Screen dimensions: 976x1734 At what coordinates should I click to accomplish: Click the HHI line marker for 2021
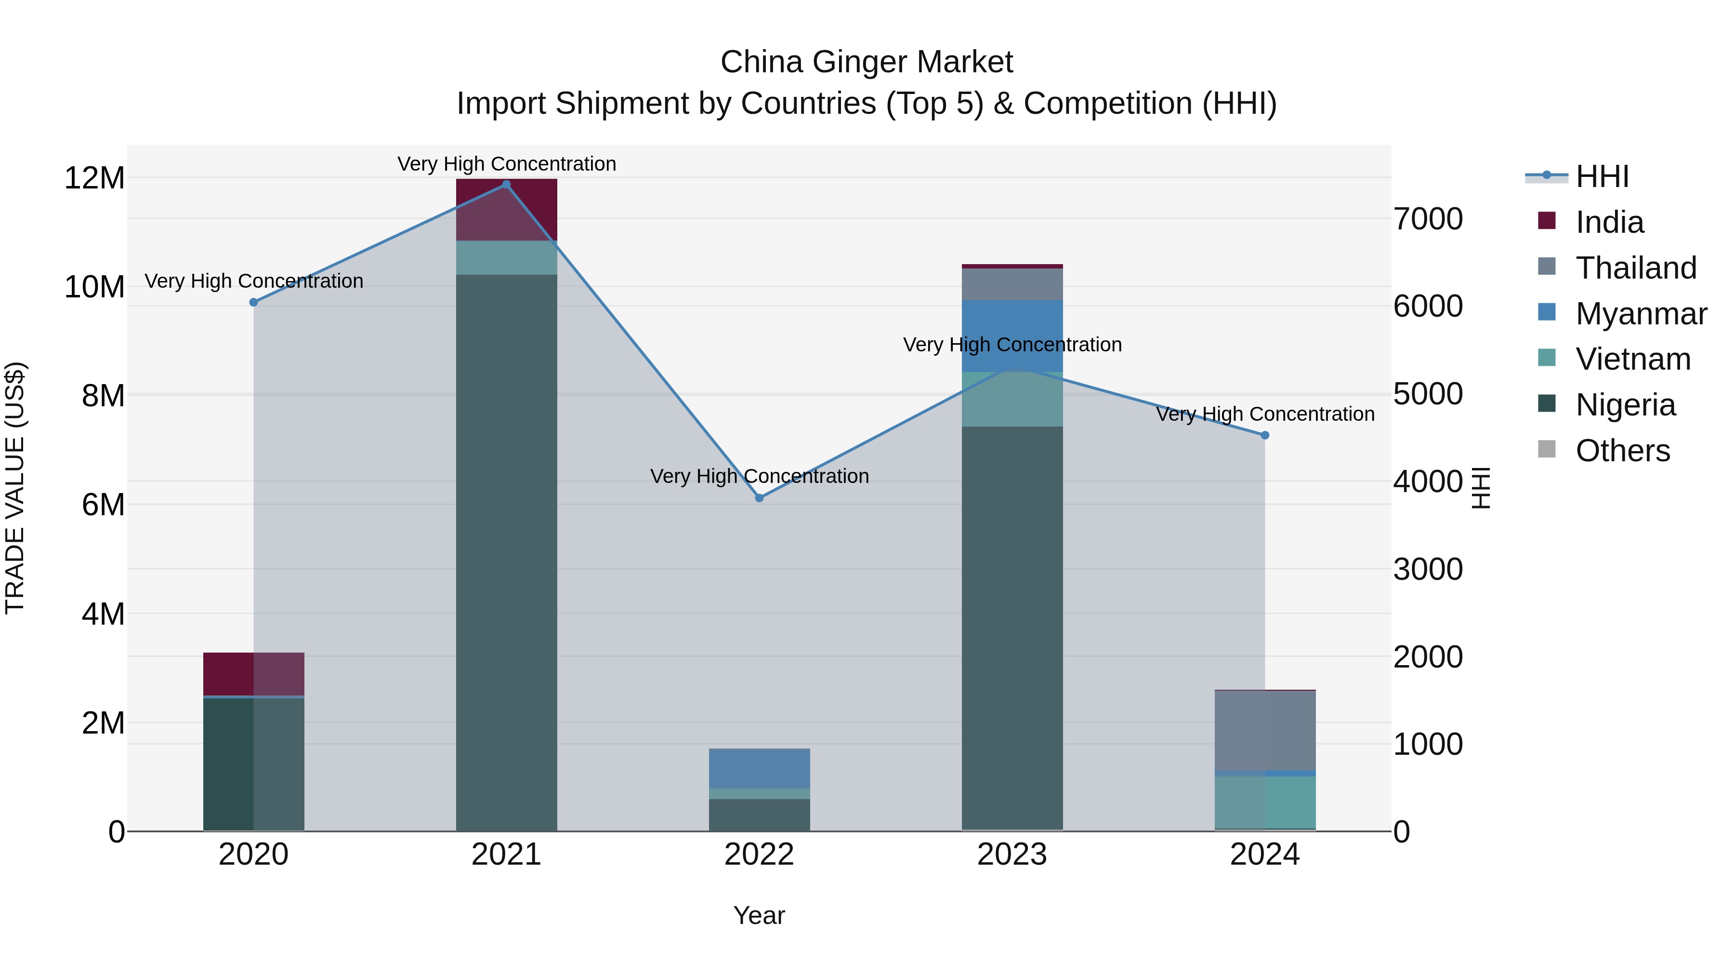pos(506,185)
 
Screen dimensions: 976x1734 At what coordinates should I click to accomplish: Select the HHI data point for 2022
pos(759,498)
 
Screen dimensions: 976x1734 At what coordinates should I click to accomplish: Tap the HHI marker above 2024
pos(1265,435)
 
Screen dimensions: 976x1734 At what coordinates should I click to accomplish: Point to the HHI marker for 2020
pos(254,302)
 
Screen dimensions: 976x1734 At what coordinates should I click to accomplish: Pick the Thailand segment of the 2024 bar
pos(1265,730)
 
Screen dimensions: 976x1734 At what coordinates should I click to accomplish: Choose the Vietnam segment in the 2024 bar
pos(1265,802)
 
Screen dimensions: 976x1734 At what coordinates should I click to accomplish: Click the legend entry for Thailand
pos(1636,267)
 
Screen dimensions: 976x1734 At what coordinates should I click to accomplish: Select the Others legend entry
pos(1622,450)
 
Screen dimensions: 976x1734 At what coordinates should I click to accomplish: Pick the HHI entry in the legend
pos(1602,176)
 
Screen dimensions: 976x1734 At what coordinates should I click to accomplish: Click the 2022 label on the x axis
pos(759,855)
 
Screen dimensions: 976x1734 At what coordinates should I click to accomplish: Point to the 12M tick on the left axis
pos(94,178)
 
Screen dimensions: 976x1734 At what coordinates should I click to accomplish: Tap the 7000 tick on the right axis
pos(1428,219)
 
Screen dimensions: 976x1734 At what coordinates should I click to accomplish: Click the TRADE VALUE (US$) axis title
pos(15,488)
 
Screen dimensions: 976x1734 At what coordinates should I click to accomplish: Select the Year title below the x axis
pos(759,915)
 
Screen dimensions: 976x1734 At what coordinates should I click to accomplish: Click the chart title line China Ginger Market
pos(867,62)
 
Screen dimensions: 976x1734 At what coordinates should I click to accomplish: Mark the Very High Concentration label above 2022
pos(759,476)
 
